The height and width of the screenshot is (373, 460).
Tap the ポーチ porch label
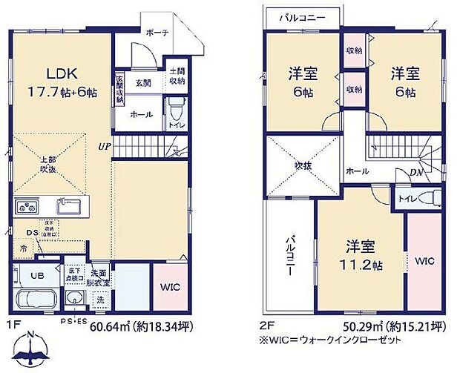pyautogui.click(x=157, y=33)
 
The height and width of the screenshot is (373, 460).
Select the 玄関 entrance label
pyautogui.click(x=143, y=83)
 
